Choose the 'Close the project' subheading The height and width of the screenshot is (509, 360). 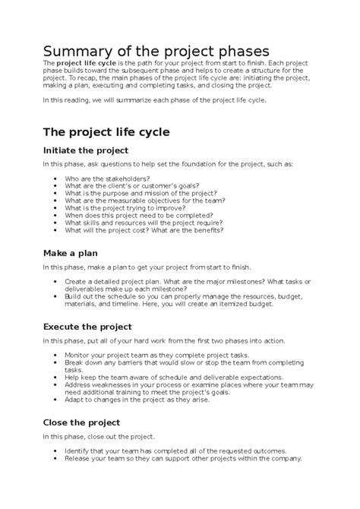tap(82, 422)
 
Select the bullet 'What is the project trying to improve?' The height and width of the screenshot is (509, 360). tap(132, 207)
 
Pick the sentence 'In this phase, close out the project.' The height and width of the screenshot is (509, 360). tap(99, 437)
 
